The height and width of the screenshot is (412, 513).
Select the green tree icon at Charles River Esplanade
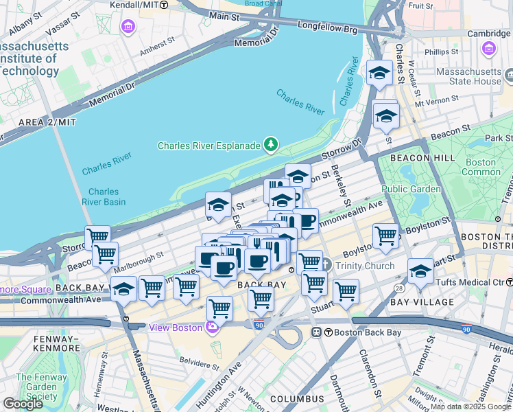pos(272,144)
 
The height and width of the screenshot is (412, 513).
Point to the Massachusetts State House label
pos(470,76)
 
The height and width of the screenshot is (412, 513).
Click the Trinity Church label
pos(363,266)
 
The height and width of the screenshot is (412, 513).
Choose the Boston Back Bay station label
pos(357,332)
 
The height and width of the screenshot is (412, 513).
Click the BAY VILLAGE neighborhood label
pos(422,302)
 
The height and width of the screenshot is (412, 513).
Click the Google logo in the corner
pos(23,403)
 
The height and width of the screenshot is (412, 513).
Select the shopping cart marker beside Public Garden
pos(385,236)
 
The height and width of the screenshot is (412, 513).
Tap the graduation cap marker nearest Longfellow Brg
pos(379,73)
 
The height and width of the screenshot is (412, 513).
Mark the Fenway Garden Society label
pos(37,387)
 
